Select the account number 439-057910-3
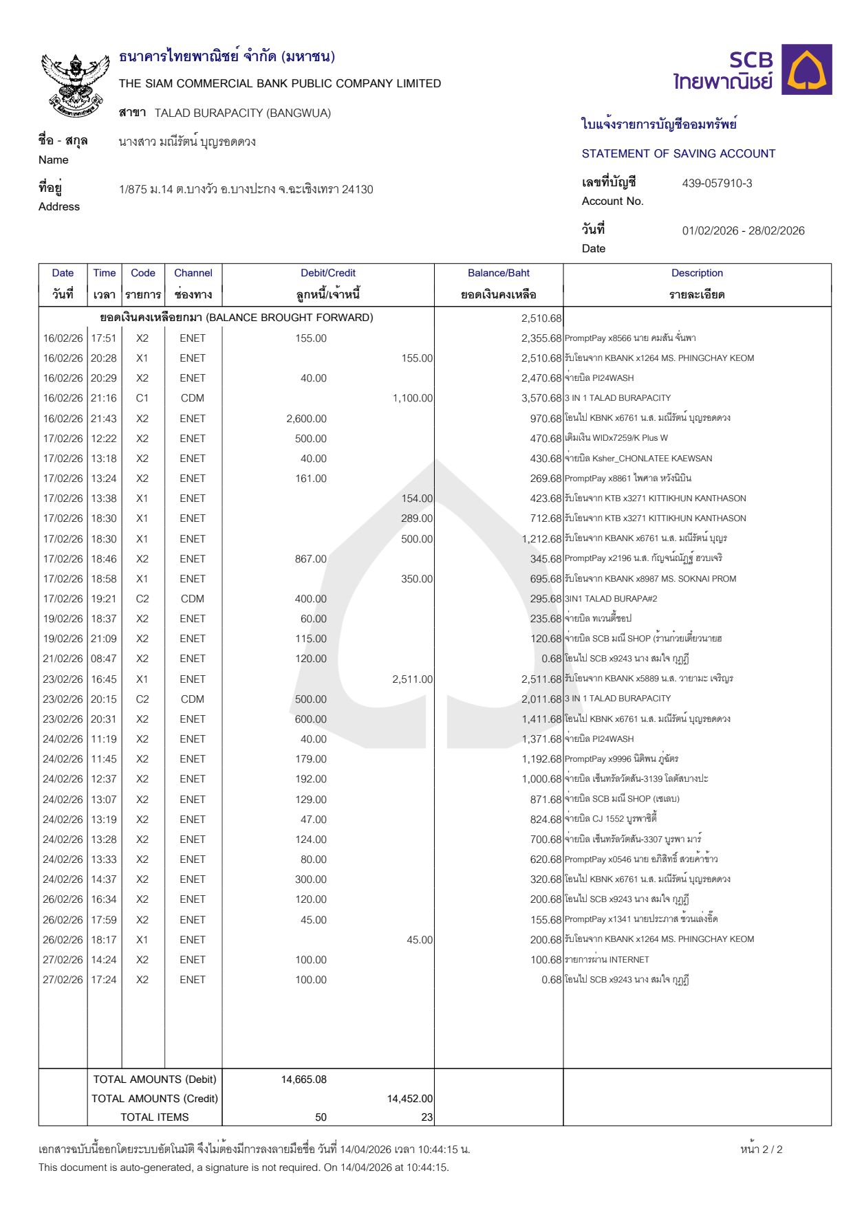click(717, 184)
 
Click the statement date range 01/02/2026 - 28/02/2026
click(743, 231)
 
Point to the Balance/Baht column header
click(498, 273)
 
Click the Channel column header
click(193, 273)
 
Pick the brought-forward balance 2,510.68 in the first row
click(541, 318)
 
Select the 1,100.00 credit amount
click(413, 398)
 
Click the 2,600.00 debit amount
click(306, 419)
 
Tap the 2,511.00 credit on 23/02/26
click(412, 679)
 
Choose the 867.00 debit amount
click(310, 559)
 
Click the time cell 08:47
click(104, 659)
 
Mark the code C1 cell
click(142, 398)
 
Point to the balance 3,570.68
click(541, 398)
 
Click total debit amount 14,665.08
click(303, 1079)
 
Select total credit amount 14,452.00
click(410, 1099)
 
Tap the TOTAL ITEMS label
click(154, 1117)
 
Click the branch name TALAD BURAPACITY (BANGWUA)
click(242, 113)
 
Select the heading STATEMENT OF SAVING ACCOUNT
click(678, 154)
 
